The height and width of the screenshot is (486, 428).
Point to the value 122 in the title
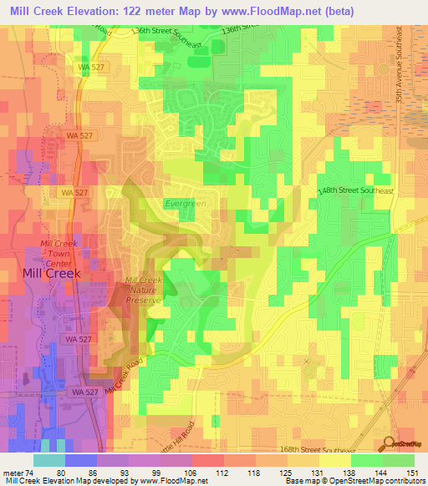click(x=132, y=11)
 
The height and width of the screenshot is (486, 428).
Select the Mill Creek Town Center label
click(x=59, y=251)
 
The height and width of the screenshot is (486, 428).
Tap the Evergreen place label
click(x=184, y=203)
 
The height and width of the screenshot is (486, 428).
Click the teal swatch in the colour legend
click(x=49, y=460)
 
